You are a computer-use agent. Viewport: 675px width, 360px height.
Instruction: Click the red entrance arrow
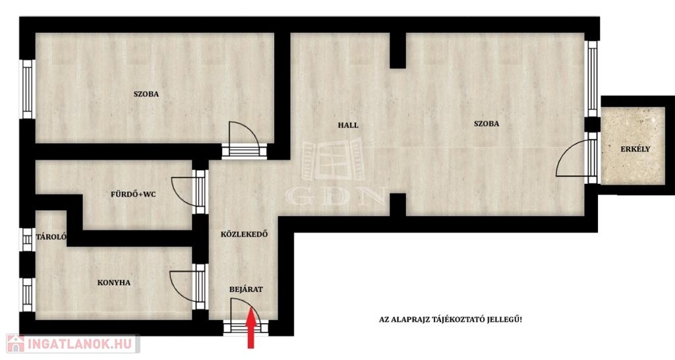click(251, 331)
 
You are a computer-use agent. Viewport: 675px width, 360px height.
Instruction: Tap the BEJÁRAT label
click(246, 289)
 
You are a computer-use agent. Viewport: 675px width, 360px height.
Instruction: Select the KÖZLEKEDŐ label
click(244, 235)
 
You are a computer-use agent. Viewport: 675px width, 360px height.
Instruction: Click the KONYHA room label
click(113, 283)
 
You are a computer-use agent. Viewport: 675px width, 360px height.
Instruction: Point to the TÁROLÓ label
click(51, 237)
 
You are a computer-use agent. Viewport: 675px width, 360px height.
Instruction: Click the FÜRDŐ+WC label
click(133, 195)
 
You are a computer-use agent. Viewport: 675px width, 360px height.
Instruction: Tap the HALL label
click(348, 125)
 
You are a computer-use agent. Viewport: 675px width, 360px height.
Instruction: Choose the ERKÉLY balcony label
click(635, 149)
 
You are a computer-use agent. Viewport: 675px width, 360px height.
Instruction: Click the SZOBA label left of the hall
click(146, 94)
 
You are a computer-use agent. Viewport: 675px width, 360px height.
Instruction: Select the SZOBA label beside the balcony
click(486, 123)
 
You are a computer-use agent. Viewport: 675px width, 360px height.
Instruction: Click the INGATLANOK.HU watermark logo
click(73, 344)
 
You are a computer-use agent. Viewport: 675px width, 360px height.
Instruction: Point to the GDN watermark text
click(335, 196)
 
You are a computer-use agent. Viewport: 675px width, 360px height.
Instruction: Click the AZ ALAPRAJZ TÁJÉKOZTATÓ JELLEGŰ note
click(450, 320)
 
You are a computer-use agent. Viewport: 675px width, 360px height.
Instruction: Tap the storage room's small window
click(27, 239)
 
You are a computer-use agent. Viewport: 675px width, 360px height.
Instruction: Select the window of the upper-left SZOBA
click(27, 89)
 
